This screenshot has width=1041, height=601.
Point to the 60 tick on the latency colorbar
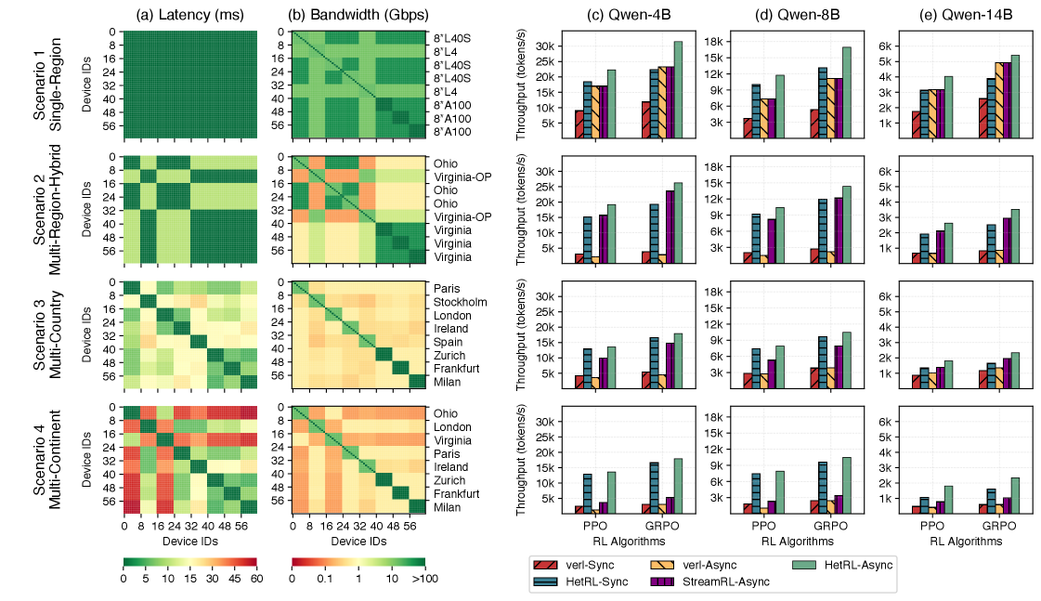tap(255, 579)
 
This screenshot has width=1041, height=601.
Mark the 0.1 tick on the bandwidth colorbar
tap(325, 579)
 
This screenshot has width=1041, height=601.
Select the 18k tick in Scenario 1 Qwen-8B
tap(714, 42)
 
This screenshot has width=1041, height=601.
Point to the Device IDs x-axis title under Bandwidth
tap(358, 540)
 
